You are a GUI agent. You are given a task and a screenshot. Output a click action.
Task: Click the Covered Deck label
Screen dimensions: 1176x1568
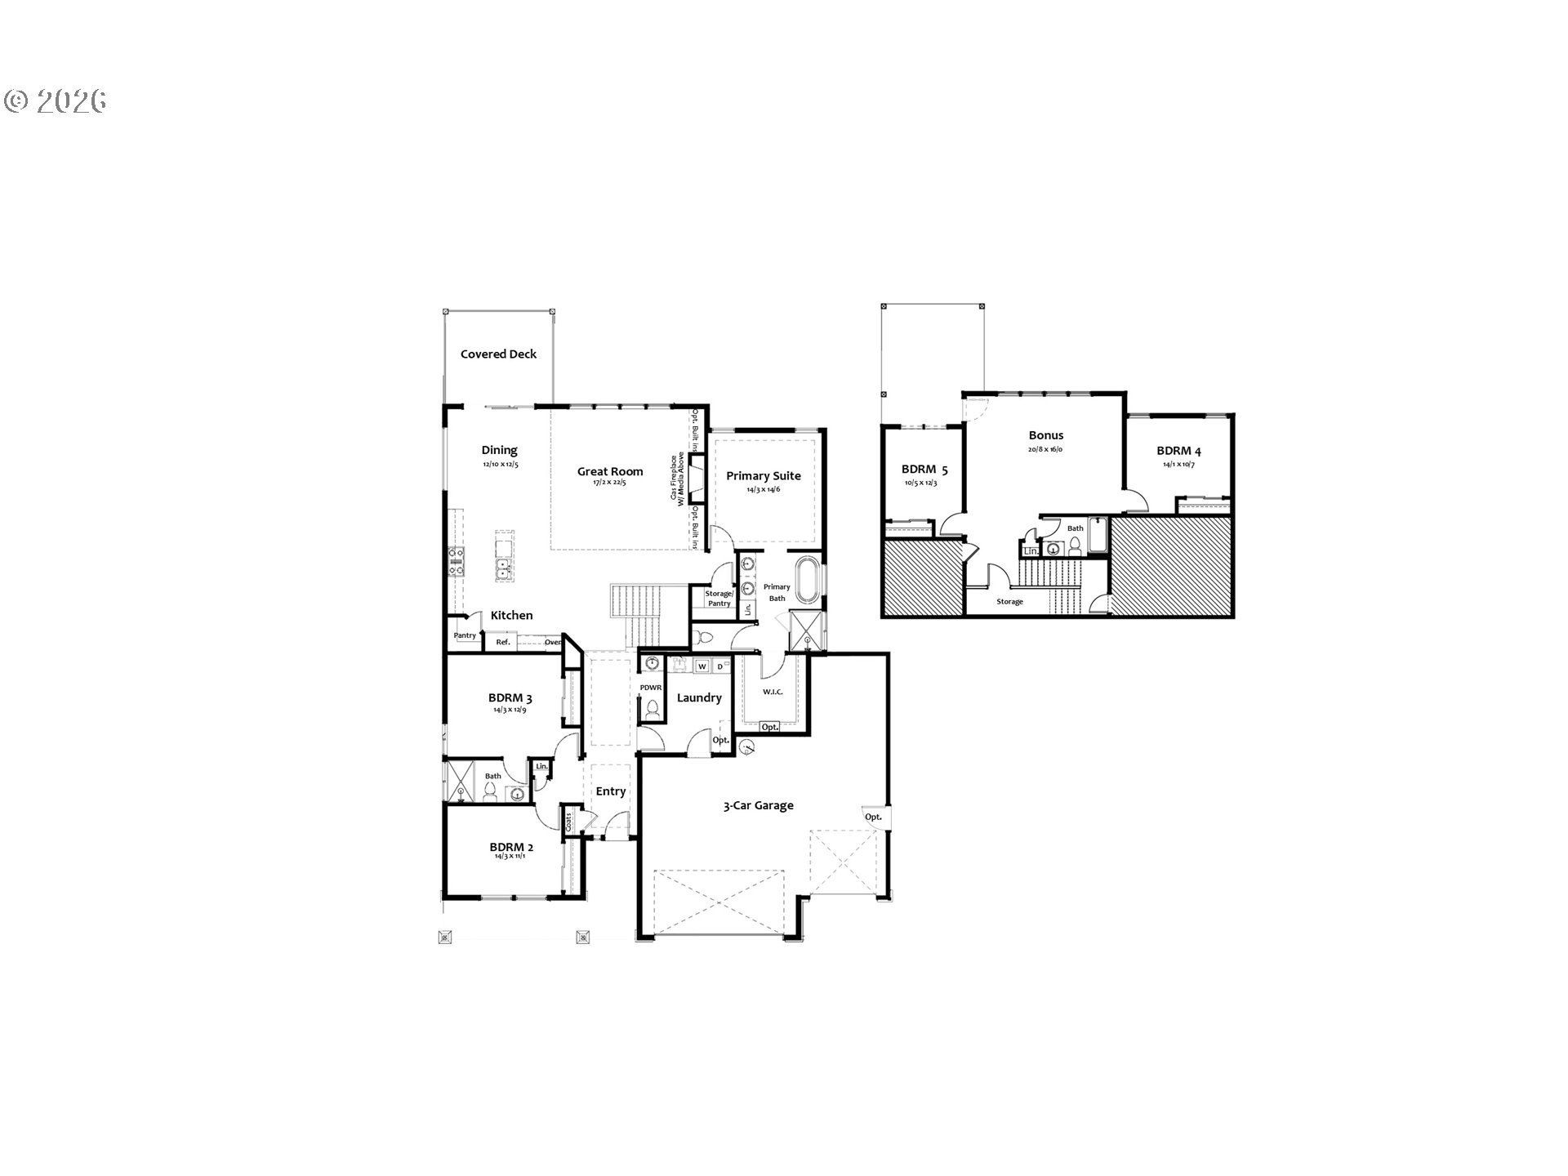coord(498,354)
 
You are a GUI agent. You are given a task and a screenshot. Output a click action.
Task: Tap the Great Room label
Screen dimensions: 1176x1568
coord(610,471)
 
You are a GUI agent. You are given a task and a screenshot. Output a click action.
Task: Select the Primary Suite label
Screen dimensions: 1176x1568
coord(764,475)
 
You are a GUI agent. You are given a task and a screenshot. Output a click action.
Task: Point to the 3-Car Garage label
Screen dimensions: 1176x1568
coord(758,805)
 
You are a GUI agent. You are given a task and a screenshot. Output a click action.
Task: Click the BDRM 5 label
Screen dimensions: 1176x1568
coord(924,470)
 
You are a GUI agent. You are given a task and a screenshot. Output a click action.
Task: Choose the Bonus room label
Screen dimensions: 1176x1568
coord(1045,435)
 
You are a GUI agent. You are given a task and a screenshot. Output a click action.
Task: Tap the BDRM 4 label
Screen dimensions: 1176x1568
coord(1178,451)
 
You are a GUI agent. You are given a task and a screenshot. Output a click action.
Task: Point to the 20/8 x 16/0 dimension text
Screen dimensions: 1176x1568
coord(1045,449)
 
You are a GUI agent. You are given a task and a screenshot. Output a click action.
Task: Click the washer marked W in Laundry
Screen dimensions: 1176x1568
coord(702,666)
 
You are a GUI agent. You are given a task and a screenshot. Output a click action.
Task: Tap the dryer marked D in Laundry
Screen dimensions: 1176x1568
coord(719,666)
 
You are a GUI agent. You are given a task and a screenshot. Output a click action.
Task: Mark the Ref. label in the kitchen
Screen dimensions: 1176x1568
coord(503,643)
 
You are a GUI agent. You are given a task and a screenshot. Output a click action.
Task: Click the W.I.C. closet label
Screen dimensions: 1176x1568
coord(773,693)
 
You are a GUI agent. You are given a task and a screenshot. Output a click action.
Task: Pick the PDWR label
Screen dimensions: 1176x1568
coord(650,688)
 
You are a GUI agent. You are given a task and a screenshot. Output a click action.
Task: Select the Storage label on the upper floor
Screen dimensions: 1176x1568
coord(1009,602)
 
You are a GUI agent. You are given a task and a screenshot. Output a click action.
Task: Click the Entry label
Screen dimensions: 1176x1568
coord(610,791)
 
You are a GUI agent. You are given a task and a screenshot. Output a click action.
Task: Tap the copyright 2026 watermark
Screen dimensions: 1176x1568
coord(56,100)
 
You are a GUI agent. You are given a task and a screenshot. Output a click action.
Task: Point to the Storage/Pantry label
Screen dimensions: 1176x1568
coord(719,599)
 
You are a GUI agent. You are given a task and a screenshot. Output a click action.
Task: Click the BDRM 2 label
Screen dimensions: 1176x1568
coord(511,847)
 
